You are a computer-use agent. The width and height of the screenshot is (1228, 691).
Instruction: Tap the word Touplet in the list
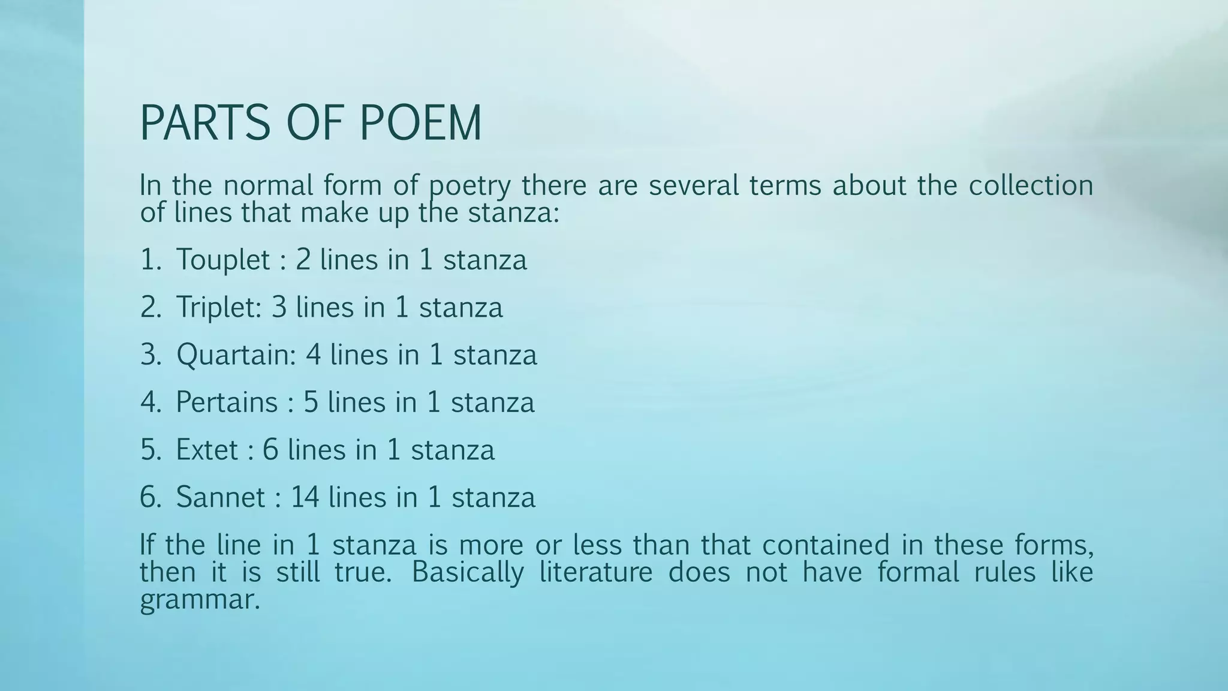(x=223, y=260)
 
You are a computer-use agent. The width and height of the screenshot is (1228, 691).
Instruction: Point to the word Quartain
(x=236, y=354)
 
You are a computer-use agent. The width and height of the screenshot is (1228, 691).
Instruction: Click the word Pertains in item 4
(x=227, y=402)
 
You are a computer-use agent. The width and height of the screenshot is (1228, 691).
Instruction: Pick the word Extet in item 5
(x=207, y=450)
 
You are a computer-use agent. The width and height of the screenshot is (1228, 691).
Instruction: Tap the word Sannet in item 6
(x=220, y=497)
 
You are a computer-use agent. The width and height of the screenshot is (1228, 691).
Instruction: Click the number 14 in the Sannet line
(x=305, y=497)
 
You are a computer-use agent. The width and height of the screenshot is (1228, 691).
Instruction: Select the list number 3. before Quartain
(x=151, y=354)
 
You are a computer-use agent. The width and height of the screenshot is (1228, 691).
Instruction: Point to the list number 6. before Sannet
(x=151, y=497)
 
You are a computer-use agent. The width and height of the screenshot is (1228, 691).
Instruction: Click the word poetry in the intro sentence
(x=469, y=186)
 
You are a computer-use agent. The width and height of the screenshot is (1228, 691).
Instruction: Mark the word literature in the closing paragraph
(x=595, y=572)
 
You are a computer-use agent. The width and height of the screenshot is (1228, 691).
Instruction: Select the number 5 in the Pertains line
(x=311, y=402)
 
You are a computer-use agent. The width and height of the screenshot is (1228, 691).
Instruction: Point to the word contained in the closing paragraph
(x=826, y=545)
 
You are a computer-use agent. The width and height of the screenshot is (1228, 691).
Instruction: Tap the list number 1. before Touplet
(x=151, y=260)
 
